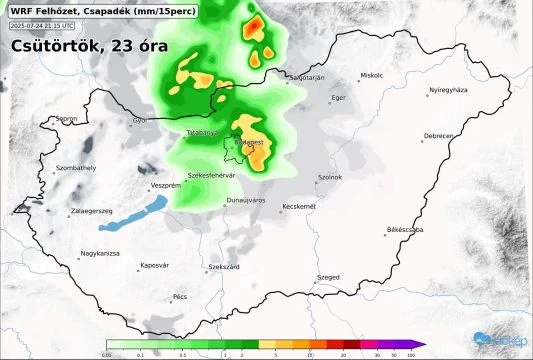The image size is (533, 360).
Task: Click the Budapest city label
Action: (x=250, y=143)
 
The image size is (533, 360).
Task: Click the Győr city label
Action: (x=138, y=121)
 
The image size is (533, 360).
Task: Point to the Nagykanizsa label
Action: (x=101, y=254)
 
